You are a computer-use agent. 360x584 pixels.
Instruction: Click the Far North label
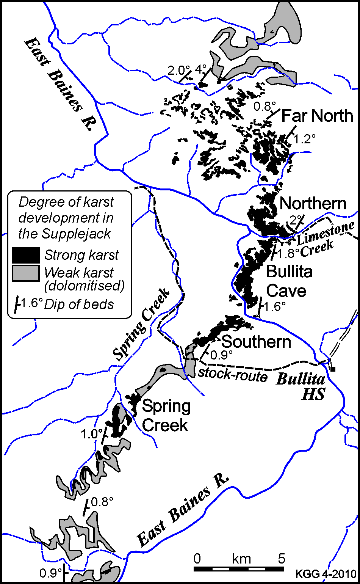pyautogui.click(x=318, y=116)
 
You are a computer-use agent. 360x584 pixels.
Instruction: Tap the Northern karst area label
pyautogui.click(x=313, y=204)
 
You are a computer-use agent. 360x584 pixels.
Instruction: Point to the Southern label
pyautogui.click(x=256, y=342)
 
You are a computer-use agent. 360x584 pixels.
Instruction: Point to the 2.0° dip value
pyautogui.click(x=179, y=70)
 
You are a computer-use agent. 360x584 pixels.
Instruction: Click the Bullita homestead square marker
pyautogui.click(x=333, y=368)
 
